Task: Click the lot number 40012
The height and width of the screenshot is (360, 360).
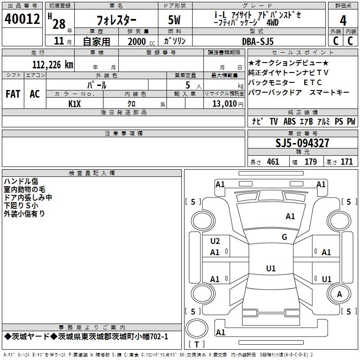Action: [x=22, y=19]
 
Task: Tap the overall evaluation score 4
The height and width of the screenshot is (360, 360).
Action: [x=343, y=21]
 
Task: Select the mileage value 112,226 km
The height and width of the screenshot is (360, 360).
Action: [x=53, y=65]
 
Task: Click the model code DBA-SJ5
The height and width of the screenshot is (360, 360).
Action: [x=258, y=41]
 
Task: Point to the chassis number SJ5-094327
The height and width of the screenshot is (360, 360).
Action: [x=302, y=143]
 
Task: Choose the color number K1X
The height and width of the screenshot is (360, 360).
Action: [x=75, y=104]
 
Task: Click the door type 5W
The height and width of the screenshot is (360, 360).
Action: [x=174, y=20]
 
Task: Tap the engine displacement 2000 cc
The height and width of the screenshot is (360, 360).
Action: [x=141, y=41]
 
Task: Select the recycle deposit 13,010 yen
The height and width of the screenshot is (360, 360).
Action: [x=228, y=104]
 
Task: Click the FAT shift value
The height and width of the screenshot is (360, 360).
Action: [x=13, y=94]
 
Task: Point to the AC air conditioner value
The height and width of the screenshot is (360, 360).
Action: [x=35, y=94]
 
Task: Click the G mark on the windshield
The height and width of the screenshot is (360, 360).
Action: [x=284, y=237]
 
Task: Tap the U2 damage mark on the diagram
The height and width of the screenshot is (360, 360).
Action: [x=215, y=241]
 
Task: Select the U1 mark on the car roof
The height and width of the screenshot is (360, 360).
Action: [x=271, y=268]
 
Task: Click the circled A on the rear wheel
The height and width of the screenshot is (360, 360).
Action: [x=339, y=294]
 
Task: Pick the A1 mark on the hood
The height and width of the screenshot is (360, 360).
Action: [x=290, y=216]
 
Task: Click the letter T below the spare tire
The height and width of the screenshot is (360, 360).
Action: [x=197, y=344]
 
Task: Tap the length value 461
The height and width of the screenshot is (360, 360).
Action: [x=273, y=162]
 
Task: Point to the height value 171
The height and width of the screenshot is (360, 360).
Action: [x=346, y=162]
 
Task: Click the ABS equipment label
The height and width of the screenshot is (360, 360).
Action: [x=289, y=121]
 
